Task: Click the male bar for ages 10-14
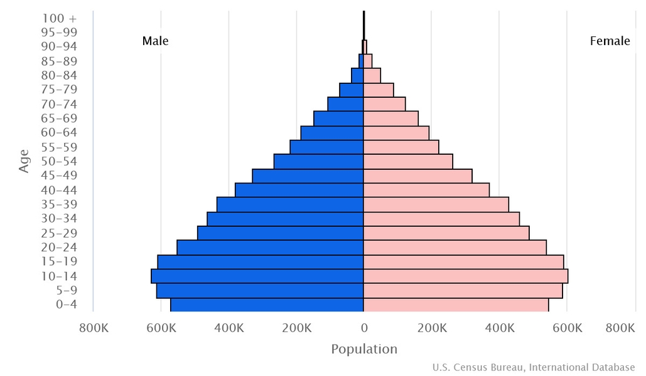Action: click(x=257, y=276)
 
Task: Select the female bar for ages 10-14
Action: click(x=465, y=276)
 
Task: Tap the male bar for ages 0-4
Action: click(x=267, y=305)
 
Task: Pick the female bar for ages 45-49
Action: click(x=417, y=175)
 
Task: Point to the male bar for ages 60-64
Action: click(x=332, y=133)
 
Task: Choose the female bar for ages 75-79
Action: click(x=379, y=90)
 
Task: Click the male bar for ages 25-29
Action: click(x=281, y=232)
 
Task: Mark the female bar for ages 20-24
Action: click(x=455, y=247)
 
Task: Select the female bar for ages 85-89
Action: click(x=368, y=61)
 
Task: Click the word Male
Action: click(x=155, y=41)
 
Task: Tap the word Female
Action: click(x=610, y=41)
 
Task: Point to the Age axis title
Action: click(x=24, y=161)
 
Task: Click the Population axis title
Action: click(x=364, y=349)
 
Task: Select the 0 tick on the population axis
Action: click(x=363, y=328)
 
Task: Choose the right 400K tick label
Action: click(x=499, y=328)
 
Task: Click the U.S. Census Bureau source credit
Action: click(x=533, y=367)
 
